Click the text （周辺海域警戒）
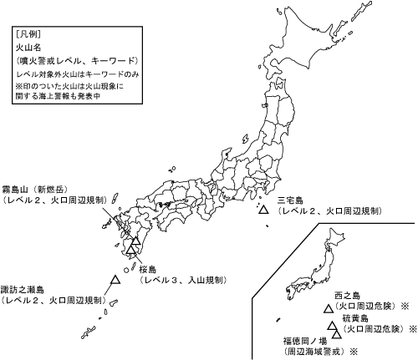tap(314, 352)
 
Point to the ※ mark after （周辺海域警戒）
tap(353, 352)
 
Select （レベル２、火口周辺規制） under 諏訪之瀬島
tap(52, 300)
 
